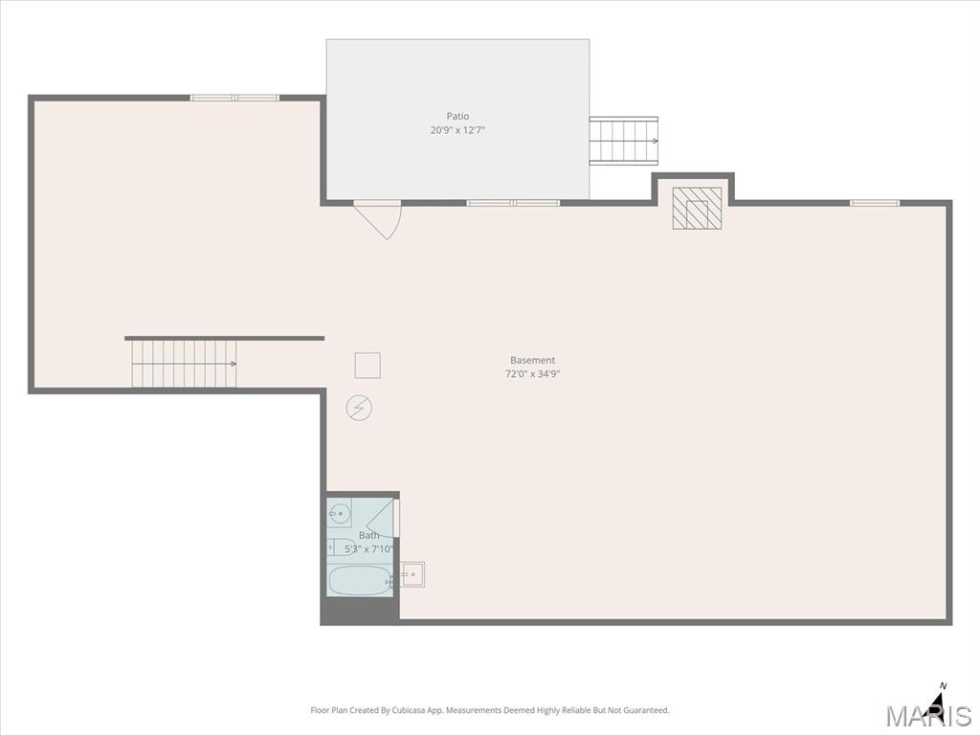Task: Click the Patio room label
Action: click(457, 116)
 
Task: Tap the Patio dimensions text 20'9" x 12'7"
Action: click(457, 130)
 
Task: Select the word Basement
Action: click(532, 360)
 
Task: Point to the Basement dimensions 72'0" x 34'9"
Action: click(532, 374)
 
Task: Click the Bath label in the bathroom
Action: click(368, 536)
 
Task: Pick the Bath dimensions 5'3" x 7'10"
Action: click(368, 549)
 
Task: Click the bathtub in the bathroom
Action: click(360, 581)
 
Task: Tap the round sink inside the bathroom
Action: click(340, 514)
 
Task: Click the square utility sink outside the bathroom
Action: click(412, 574)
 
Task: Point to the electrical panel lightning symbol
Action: click(359, 408)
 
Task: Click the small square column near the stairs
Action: click(367, 366)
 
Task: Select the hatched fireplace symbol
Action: click(697, 208)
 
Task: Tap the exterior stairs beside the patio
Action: click(624, 141)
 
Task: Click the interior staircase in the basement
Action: click(184, 363)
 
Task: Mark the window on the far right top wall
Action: click(875, 203)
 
